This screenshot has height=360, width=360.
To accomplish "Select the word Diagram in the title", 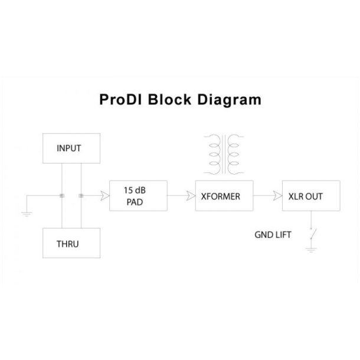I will pos(230,99).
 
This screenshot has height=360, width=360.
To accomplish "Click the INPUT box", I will pos(68,149).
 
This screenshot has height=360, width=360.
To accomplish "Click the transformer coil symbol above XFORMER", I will pos(225,155).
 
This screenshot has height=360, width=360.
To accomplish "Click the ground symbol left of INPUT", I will pos(27,214).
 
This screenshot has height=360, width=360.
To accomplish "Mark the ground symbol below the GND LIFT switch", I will pos(310,250).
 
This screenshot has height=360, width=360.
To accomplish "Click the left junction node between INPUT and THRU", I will pos(62,196).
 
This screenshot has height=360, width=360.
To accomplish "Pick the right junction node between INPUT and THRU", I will pos(81,196).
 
